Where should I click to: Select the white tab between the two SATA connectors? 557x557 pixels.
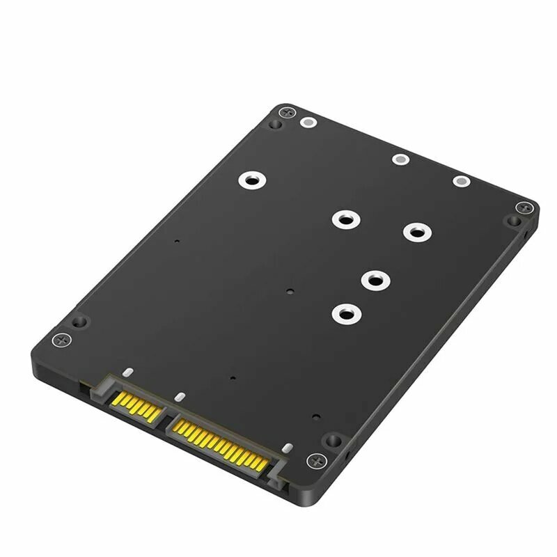tap(178, 398)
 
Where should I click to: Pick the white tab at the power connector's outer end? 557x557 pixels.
tap(286, 446)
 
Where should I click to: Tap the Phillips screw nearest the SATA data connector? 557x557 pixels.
tap(63, 340)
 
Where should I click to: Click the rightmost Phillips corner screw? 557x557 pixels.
tap(524, 207)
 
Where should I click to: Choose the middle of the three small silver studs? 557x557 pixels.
tap(399, 159)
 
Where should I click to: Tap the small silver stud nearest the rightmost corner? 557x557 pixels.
tap(461, 181)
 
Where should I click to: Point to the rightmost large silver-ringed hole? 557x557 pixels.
tap(416, 231)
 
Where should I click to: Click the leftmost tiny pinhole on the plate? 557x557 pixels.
tap(177, 242)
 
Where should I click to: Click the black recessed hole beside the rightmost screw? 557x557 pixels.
tap(513, 221)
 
